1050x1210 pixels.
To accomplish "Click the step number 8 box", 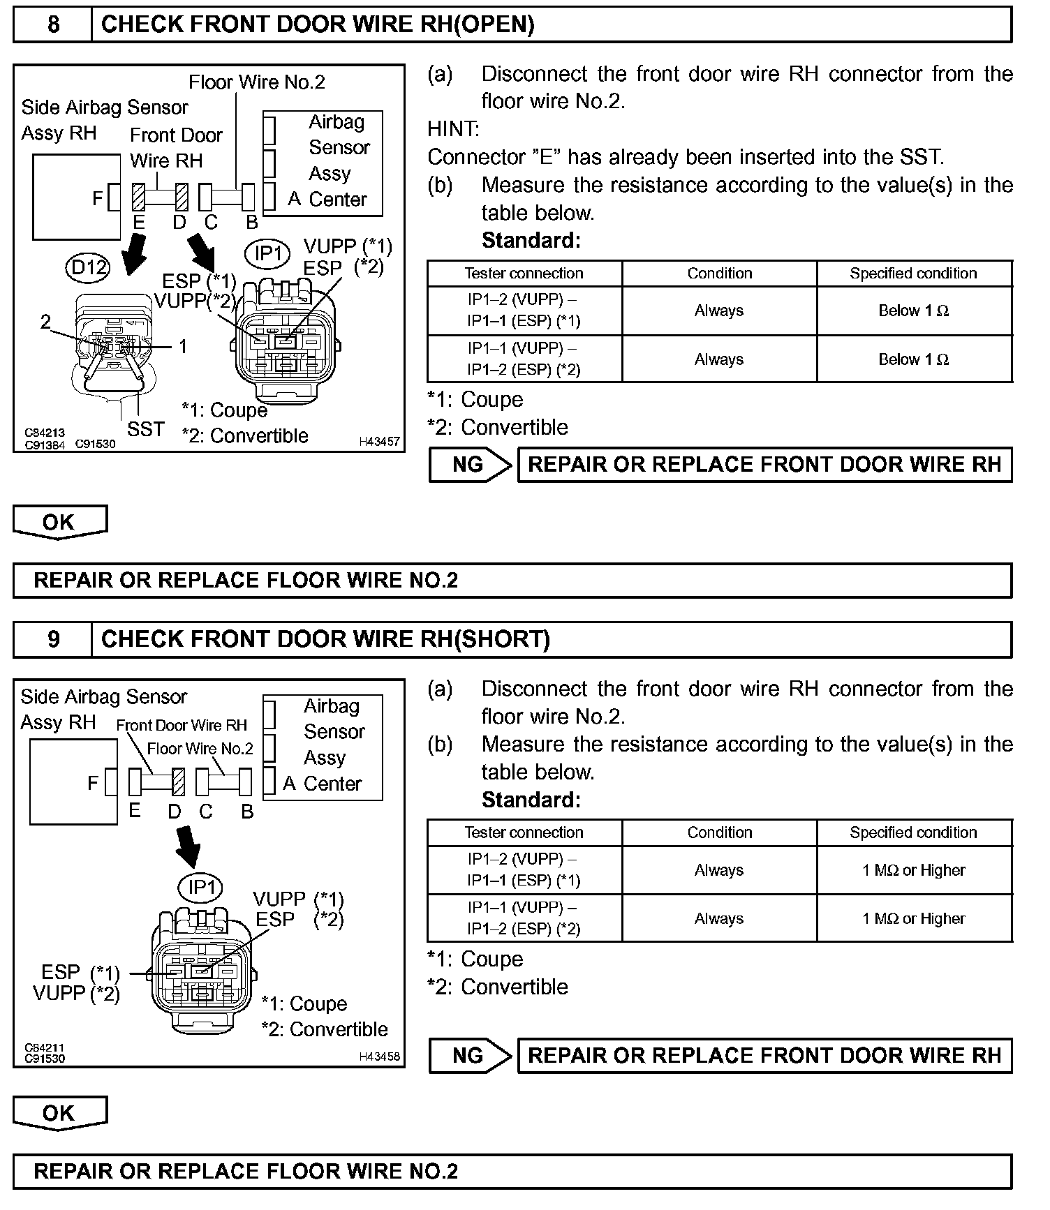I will pyautogui.click(x=53, y=24).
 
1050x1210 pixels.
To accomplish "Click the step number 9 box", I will pyautogui.click(x=53, y=639).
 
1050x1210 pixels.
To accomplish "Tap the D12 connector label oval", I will pyautogui.click(x=89, y=267).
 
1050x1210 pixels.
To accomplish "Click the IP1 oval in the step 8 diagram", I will pyautogui.click(x=268, y=253).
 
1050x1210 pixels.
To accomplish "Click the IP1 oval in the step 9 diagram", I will pyautogui.click(x=201, y=887).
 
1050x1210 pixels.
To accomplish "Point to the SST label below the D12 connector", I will pyautogui.click(x=145, y=429).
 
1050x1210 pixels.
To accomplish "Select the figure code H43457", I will pyautogui.click(x=379, y=442).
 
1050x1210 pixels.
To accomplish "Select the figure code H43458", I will pyautogui.click(x=379, y=1056).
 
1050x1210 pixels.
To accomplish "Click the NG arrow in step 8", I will pyautogui.click(x=470, y=465).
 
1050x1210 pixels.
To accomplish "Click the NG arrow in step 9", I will pyautogui.click(x=470, y=1055).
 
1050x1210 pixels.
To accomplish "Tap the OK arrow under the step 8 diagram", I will pyautogui.click(x=59, y=522).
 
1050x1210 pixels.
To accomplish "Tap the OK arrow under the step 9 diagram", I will pyautogui.click(x=59, y=1113).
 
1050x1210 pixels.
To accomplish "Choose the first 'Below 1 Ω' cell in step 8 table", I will pyautogui.click(x=913, y=311).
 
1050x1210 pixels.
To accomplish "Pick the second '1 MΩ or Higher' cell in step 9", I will pyautogui.click(x=913, y=918).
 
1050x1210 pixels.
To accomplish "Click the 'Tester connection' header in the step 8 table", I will pyautogui.click(x=524, y=274).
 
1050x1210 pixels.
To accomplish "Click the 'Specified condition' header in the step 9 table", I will pyautogui.click(x=913, y=832).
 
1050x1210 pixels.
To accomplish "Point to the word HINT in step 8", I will pyautogui.click(x=453, y=129).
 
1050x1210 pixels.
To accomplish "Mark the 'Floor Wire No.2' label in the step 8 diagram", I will pyautogui.click(x=257, y=82).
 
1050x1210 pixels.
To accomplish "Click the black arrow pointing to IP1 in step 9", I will pyautogui.click(x=187, y=845).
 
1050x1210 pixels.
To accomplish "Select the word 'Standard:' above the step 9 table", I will pyautogui.click(x=531, y=800).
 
